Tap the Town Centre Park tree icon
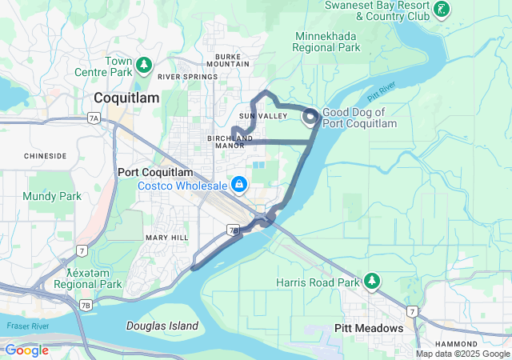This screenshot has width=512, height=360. [144, 65]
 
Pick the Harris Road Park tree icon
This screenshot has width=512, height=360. [372, 282]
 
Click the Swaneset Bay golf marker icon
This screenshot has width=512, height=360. [442, 10]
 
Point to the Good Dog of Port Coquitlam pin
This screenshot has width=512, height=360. [310, 118]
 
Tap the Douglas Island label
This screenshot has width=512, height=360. [162, 326]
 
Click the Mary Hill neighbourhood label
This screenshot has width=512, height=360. [166, 238]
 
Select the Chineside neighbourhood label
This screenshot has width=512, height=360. [45, 156]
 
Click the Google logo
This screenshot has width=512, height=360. [26, 350]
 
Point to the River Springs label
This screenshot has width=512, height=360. [188, 77]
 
